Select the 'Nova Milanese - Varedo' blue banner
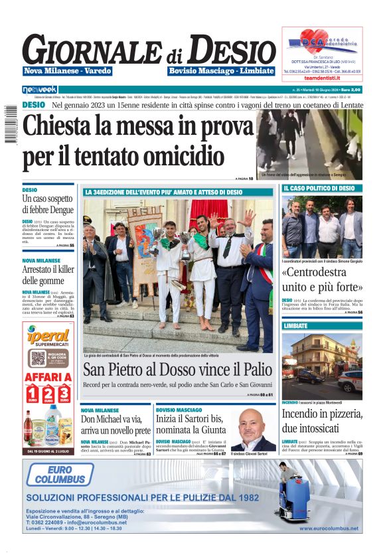pos(68,71)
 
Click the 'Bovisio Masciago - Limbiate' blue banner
pos(221,71)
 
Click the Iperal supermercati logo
pos(48,338)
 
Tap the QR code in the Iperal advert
pos(38,359)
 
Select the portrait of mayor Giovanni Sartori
pos(252,430)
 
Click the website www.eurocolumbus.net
pos(329,528)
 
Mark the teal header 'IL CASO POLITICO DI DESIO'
pos(322,189)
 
